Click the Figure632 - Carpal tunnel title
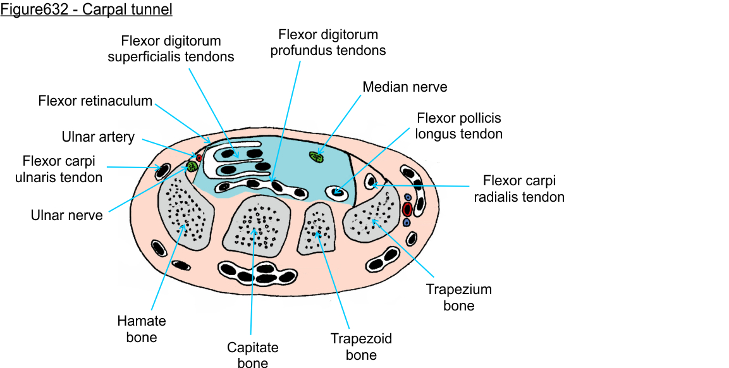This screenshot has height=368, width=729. (86, 9)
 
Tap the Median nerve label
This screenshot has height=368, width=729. (405, 87)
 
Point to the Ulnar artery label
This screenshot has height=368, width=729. (98, 137)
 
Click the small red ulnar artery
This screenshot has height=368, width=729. (199, 157)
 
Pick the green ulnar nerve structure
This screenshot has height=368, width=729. (192, 166)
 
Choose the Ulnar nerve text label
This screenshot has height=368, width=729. (66, 215)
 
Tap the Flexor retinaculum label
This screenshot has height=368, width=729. (95, 101)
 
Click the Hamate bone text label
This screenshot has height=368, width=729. (141, 329)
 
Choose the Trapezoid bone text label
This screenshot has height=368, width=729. (361, 347)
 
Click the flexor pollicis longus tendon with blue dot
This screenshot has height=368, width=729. (337, 192)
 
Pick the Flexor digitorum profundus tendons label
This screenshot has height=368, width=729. (328, 42)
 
